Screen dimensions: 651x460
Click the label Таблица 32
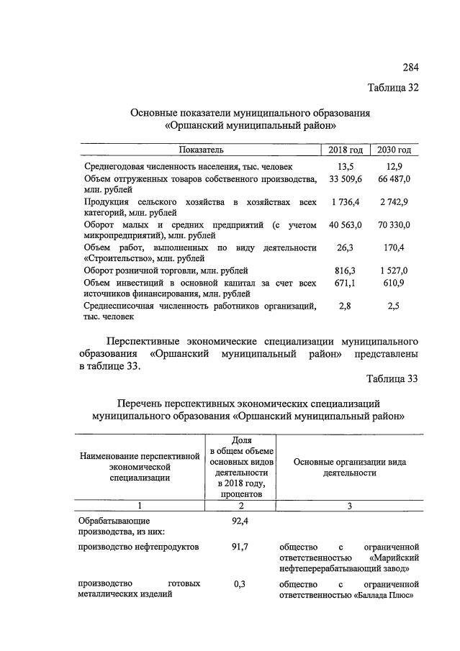coord(393,88)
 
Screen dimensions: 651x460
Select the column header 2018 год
coord(345,150)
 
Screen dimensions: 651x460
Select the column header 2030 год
coord(394,150)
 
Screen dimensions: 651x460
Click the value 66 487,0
coord(394,178)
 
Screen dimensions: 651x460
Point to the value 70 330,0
coord(394,225)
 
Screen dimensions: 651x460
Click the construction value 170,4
coord(394,247)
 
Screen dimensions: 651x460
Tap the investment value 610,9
coord(394,283)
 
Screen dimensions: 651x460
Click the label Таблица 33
coord(392,379)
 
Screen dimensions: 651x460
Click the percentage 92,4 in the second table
coord(240,519)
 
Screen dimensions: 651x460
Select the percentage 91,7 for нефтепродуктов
coord(240,547)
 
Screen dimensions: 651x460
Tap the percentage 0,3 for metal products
coord(240,583)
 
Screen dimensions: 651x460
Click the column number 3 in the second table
coord(349,506)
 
